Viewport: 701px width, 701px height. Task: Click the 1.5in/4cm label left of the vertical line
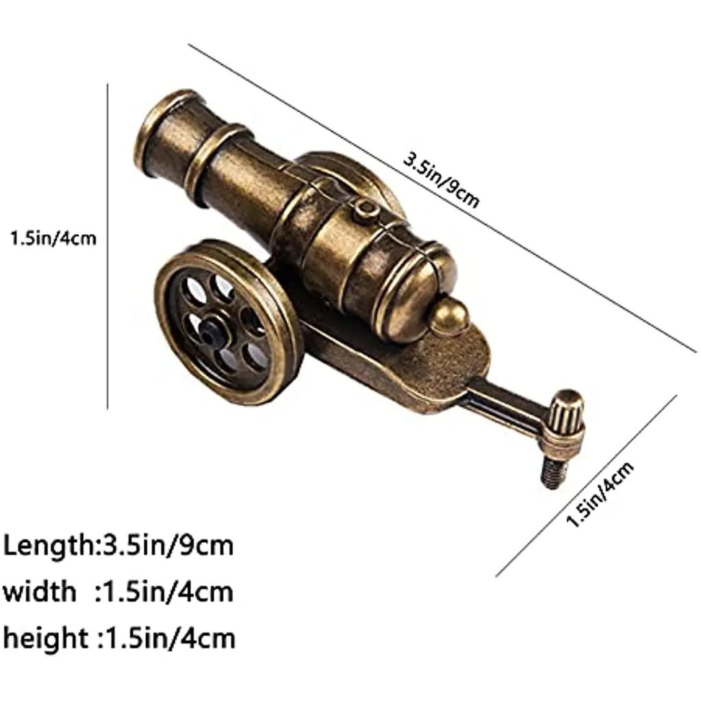[53, 239]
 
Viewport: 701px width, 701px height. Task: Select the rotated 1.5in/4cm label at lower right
[600, 494]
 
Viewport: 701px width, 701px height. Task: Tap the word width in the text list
[39, 591]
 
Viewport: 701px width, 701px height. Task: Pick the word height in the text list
[44, 638]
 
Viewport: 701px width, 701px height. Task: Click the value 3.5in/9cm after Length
[168, 546]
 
